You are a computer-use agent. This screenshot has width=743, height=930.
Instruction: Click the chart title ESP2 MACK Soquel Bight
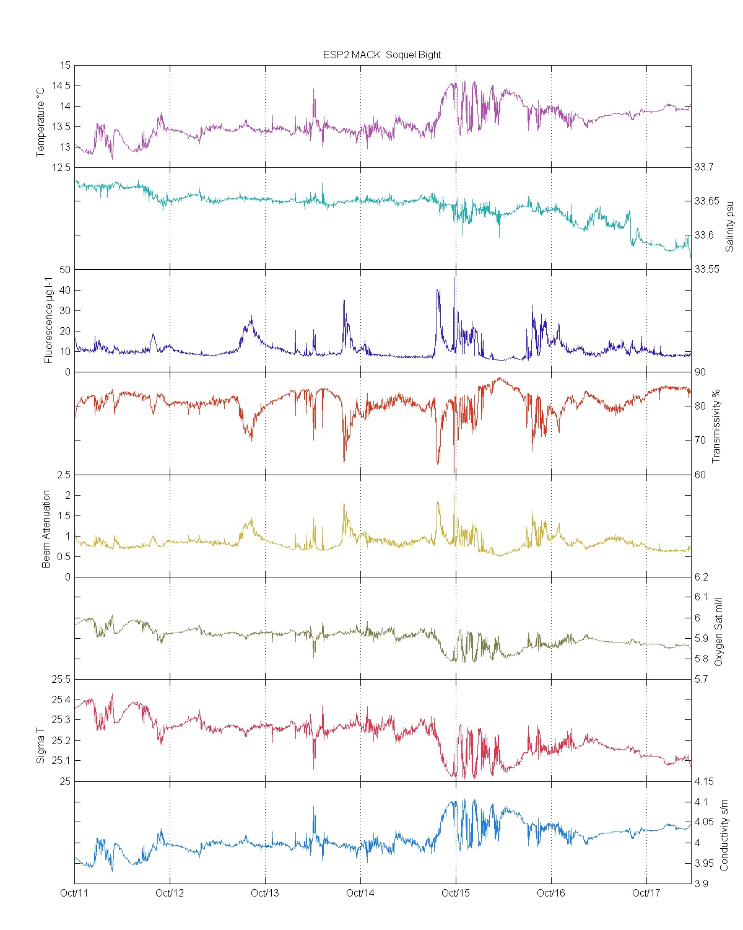[381, 55]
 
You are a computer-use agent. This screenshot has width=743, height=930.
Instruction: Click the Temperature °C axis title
[41, 122]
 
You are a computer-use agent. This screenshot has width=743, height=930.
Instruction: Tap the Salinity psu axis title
[729, 226]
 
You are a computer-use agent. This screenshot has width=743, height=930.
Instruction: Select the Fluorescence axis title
[48, 321]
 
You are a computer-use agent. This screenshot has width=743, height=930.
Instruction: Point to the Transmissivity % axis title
[716, 426]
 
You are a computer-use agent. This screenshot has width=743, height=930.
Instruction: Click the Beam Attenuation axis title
[46, 529]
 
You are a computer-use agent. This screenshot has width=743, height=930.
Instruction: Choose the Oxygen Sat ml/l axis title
[718, 632]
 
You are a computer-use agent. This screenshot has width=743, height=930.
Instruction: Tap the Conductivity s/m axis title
[724, 835]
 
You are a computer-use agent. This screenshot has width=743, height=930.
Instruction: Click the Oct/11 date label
[74, 893]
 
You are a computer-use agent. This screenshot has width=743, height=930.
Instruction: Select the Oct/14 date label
[360, 893]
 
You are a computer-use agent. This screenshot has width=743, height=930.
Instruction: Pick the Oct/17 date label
[646, 893]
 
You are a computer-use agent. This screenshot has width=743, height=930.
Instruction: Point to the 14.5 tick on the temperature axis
[61, 86]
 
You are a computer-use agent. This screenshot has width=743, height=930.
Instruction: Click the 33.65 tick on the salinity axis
[706, 201]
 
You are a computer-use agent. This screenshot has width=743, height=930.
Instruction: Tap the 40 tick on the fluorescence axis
[64, 290]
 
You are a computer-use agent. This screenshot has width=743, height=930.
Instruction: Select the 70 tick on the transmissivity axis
[700, 441]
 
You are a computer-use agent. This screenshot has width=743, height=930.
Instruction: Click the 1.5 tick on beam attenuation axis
[64, 515]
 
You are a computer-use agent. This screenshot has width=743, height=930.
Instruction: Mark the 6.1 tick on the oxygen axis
[701, 597]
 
